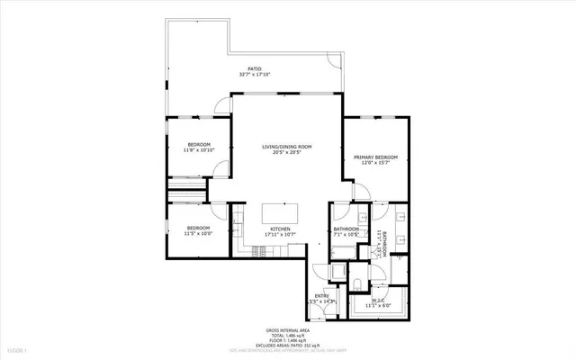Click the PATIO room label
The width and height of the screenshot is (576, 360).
click(255, 68)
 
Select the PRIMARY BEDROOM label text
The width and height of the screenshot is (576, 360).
click(373, 156)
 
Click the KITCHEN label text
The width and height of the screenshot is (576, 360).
click(281, 229)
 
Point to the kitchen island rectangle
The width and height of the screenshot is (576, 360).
click(280, 214)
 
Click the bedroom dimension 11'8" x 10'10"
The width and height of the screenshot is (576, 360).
click(199, 150)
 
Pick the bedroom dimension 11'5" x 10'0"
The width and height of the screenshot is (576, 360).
click(199, 234)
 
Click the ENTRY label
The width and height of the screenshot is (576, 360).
click(322, 295)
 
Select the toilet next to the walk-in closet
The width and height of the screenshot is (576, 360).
click(357, 286)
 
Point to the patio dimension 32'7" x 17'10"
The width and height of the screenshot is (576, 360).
click(255, 75)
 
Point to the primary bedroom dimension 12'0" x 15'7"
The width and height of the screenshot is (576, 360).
click(373, 162)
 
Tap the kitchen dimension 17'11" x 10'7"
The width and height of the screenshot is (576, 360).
click(281, 235)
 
